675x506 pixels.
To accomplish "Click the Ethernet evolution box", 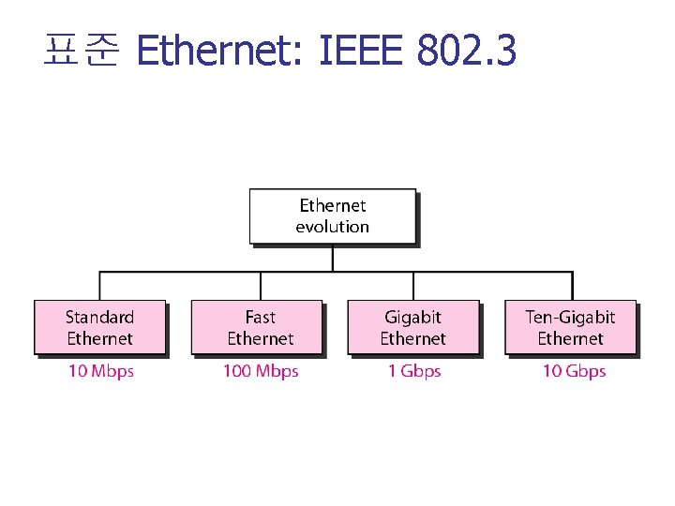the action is (332, 216).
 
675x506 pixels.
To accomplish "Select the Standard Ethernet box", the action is (99, 327).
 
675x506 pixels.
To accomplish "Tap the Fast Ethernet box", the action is (257, 327).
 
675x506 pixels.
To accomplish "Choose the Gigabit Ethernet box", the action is (412, 327).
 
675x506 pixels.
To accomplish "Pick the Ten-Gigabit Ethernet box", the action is (570, 327).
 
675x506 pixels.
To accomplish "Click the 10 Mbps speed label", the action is (100, 371).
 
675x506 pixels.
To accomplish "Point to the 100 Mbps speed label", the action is (260, 371).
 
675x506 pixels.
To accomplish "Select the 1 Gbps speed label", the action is (413, 371).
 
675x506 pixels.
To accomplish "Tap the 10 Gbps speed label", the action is (574, 371).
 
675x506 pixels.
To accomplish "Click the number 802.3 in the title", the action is (466, 52).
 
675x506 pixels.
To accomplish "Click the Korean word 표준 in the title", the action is (81, 52).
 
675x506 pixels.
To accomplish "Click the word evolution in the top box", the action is (332, 227).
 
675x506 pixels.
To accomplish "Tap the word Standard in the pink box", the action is (99, 317).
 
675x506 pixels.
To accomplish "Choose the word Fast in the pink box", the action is (260, 317).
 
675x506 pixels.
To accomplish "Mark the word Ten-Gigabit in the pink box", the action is (570, 317).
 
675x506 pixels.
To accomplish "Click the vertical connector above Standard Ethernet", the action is (99, 286).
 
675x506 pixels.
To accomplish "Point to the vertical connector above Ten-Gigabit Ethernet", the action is (572, 286).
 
